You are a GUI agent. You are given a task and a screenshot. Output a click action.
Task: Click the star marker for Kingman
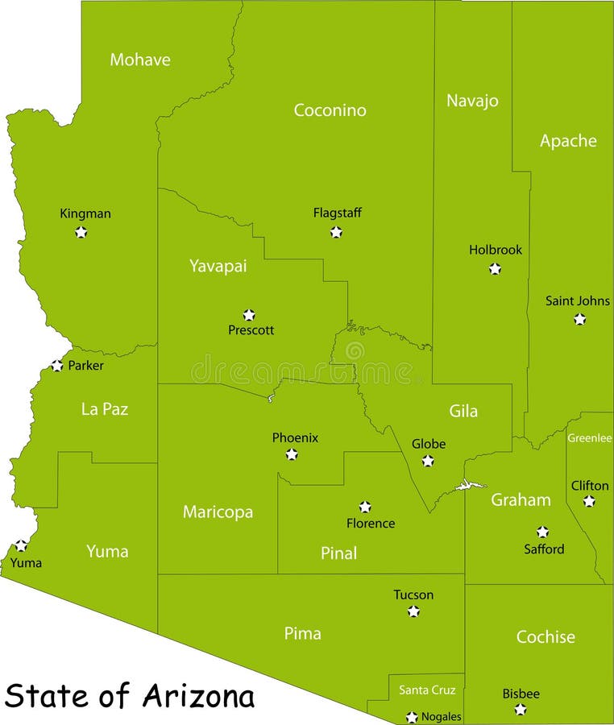81,232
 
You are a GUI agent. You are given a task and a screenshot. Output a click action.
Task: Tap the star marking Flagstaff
336,232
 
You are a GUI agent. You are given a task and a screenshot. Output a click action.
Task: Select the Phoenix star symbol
292,454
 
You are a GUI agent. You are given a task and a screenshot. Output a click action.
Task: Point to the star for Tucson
413,611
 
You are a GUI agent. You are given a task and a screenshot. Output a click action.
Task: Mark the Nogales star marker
412,717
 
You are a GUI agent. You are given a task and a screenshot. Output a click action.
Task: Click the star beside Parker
56,366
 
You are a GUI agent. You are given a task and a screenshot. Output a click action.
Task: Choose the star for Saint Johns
579,319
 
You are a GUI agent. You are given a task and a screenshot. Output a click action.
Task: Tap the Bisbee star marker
521,710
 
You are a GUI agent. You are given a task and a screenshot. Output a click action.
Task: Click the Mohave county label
140,60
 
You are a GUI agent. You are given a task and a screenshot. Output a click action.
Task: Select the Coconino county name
330,110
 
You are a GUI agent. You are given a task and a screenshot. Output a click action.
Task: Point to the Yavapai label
218,266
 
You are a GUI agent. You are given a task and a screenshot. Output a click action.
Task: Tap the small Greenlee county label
589,438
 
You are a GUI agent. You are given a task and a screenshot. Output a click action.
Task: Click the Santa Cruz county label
427,690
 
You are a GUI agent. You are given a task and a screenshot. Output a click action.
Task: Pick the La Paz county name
105,409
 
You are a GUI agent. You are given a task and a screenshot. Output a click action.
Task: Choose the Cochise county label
546,637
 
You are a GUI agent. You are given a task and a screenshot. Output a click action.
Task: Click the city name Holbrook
496,250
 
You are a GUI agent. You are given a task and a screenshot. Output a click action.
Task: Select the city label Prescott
251,330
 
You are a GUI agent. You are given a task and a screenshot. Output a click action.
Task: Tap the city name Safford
544,549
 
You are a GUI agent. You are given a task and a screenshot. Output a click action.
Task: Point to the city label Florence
371,524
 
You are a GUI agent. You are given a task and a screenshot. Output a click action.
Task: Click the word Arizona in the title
199,695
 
